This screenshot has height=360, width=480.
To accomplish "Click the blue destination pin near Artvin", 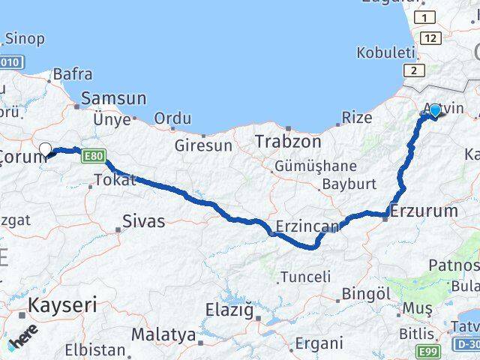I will pos(435,111).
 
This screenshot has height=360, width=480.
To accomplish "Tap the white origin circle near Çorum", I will pos(45,148).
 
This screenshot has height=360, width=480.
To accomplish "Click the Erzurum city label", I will pos(425,211).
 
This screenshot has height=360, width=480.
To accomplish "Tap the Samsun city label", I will pos(113,97).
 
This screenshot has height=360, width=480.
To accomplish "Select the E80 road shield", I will pos(93,155).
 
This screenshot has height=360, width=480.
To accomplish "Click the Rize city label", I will pos(356,117).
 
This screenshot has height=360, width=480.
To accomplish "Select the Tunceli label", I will pos(304,277).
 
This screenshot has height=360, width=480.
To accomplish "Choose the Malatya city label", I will pos(163,334).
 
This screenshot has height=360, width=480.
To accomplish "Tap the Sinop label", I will pos(25,37).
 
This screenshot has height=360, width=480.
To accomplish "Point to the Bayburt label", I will pos(348,183).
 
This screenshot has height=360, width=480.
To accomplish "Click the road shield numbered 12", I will pos(429,37).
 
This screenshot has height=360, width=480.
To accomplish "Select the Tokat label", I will pos(114,179).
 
